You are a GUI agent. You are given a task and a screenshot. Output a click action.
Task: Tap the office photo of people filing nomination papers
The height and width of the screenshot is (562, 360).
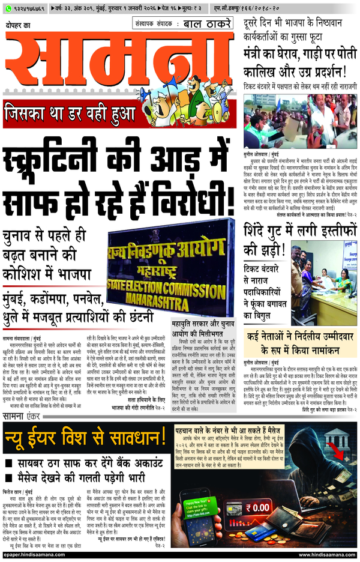tap(324, 282)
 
